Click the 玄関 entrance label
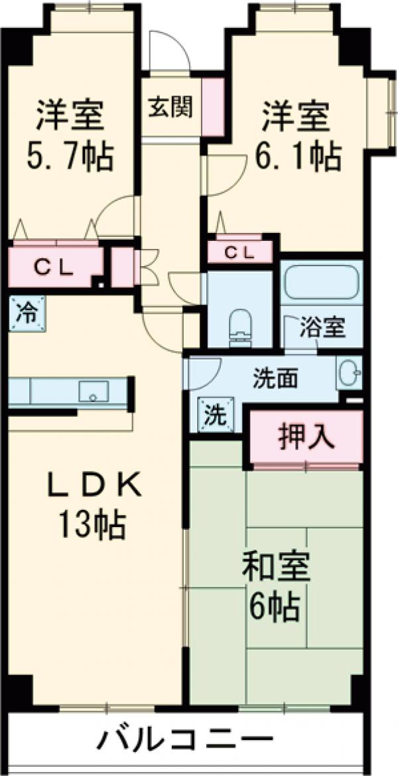click(x=170, y=107)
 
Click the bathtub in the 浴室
click(x=322, y=281)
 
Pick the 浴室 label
click(x=322, y=328)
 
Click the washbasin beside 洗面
click(x=348, y=375)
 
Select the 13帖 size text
click(x=92, y=525)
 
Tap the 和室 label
click(x=275, y=569)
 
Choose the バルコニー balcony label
click(x=186, y=738)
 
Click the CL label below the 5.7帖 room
click(x=53, y=268)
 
